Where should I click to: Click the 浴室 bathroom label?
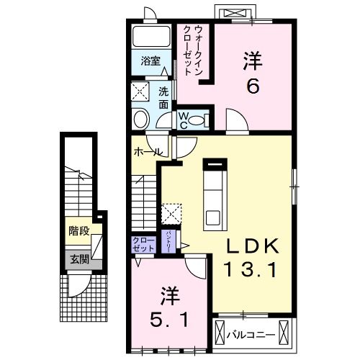[x=150, y=61]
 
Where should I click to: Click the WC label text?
[x=184, y=118]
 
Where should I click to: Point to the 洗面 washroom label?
[x=163, y=98]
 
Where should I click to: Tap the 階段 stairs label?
[x=78, y=231]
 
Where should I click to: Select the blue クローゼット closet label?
[x=144, y=244]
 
